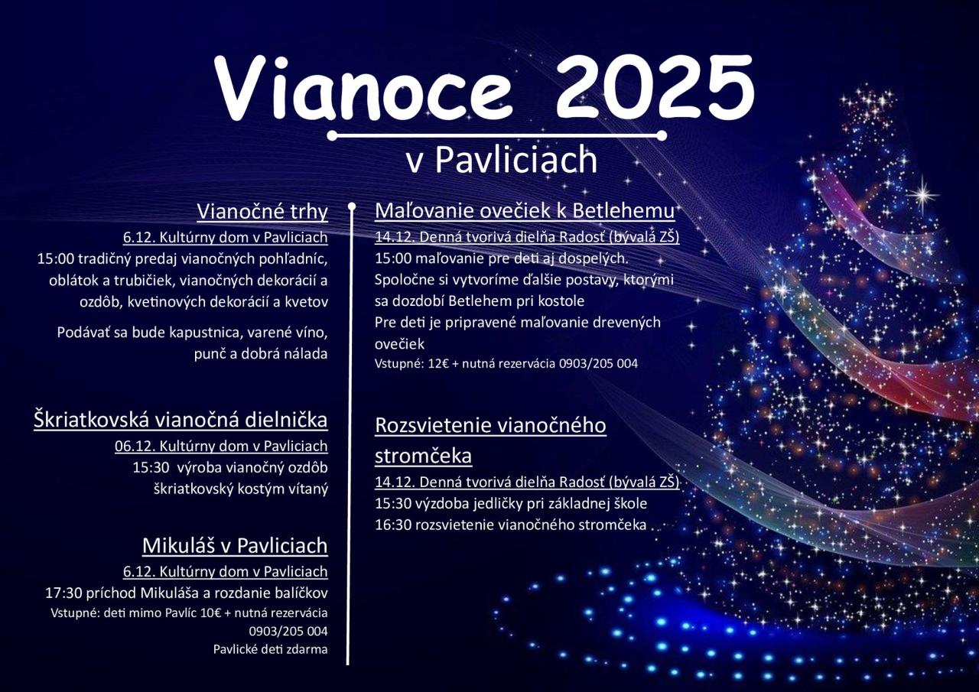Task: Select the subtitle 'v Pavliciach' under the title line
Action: click(x=501, y=159)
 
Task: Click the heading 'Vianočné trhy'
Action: click(x=262, y=212)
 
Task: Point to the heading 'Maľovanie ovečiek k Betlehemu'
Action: click(x=525, y=211)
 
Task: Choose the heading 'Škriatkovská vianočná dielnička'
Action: click(x=181, y=420)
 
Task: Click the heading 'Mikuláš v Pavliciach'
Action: click(x=235, y=546)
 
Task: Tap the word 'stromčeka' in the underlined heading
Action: click(x=423, y=456)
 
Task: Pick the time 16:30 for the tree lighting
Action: click(x=393, y=525)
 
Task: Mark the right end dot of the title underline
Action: click(x=662, y=135)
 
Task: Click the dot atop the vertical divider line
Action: click(x=351, y=206)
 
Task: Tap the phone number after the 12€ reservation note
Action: click(x=598, y=363)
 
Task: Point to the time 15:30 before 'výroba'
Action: click(x=151, y=467)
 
